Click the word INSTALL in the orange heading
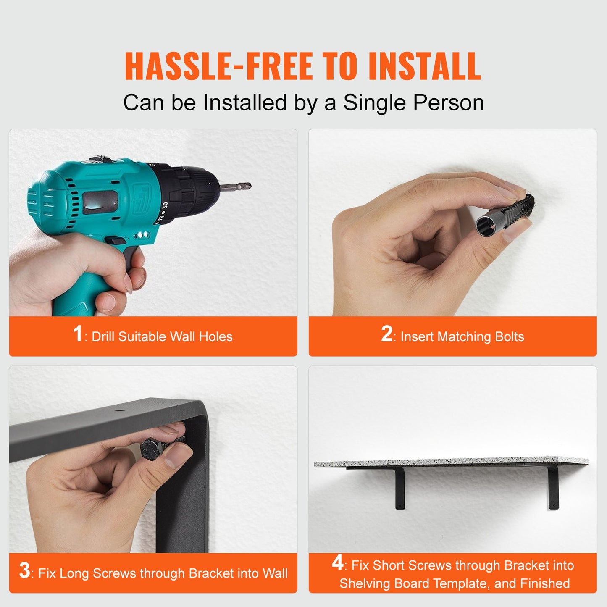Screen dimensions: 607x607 424,66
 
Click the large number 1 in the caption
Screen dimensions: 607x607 77,334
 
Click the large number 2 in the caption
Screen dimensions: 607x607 386,334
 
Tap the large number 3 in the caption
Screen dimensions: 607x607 24,571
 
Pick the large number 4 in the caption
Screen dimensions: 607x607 337,563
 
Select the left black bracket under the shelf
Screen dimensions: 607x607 399,487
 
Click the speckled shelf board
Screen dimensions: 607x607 452,462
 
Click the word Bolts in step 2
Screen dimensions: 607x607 509,337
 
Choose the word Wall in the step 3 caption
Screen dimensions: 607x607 275,574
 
